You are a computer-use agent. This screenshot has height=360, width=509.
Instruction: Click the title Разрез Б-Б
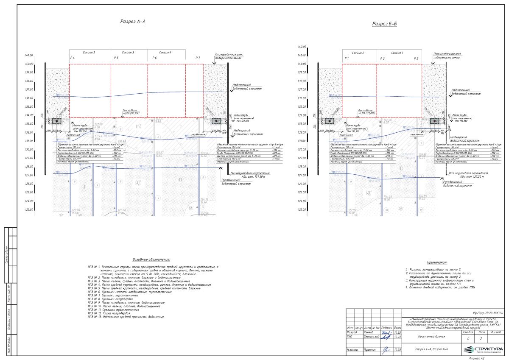click(x=384, y=24)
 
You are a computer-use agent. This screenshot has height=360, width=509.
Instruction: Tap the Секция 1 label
click(x=397, y=53)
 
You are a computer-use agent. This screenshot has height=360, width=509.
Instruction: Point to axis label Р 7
click(x=198, y=58)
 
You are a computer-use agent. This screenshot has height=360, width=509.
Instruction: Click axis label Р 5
click(x=116, y=58)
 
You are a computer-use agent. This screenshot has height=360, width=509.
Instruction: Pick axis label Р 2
click(x=382, y=58)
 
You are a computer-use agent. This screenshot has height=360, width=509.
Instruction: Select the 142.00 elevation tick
click(x=302, y=47)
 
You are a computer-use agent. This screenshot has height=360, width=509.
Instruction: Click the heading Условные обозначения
click(x=151, y=259)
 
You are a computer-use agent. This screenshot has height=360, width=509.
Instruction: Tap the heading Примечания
click(x=437, y=262)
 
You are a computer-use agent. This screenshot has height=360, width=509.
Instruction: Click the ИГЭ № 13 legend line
click(x=126, y=317)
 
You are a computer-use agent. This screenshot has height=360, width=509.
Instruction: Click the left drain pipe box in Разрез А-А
click(x=55, y=121)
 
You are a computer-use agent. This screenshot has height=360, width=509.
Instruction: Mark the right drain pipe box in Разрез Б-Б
click(x=434, y=121)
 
